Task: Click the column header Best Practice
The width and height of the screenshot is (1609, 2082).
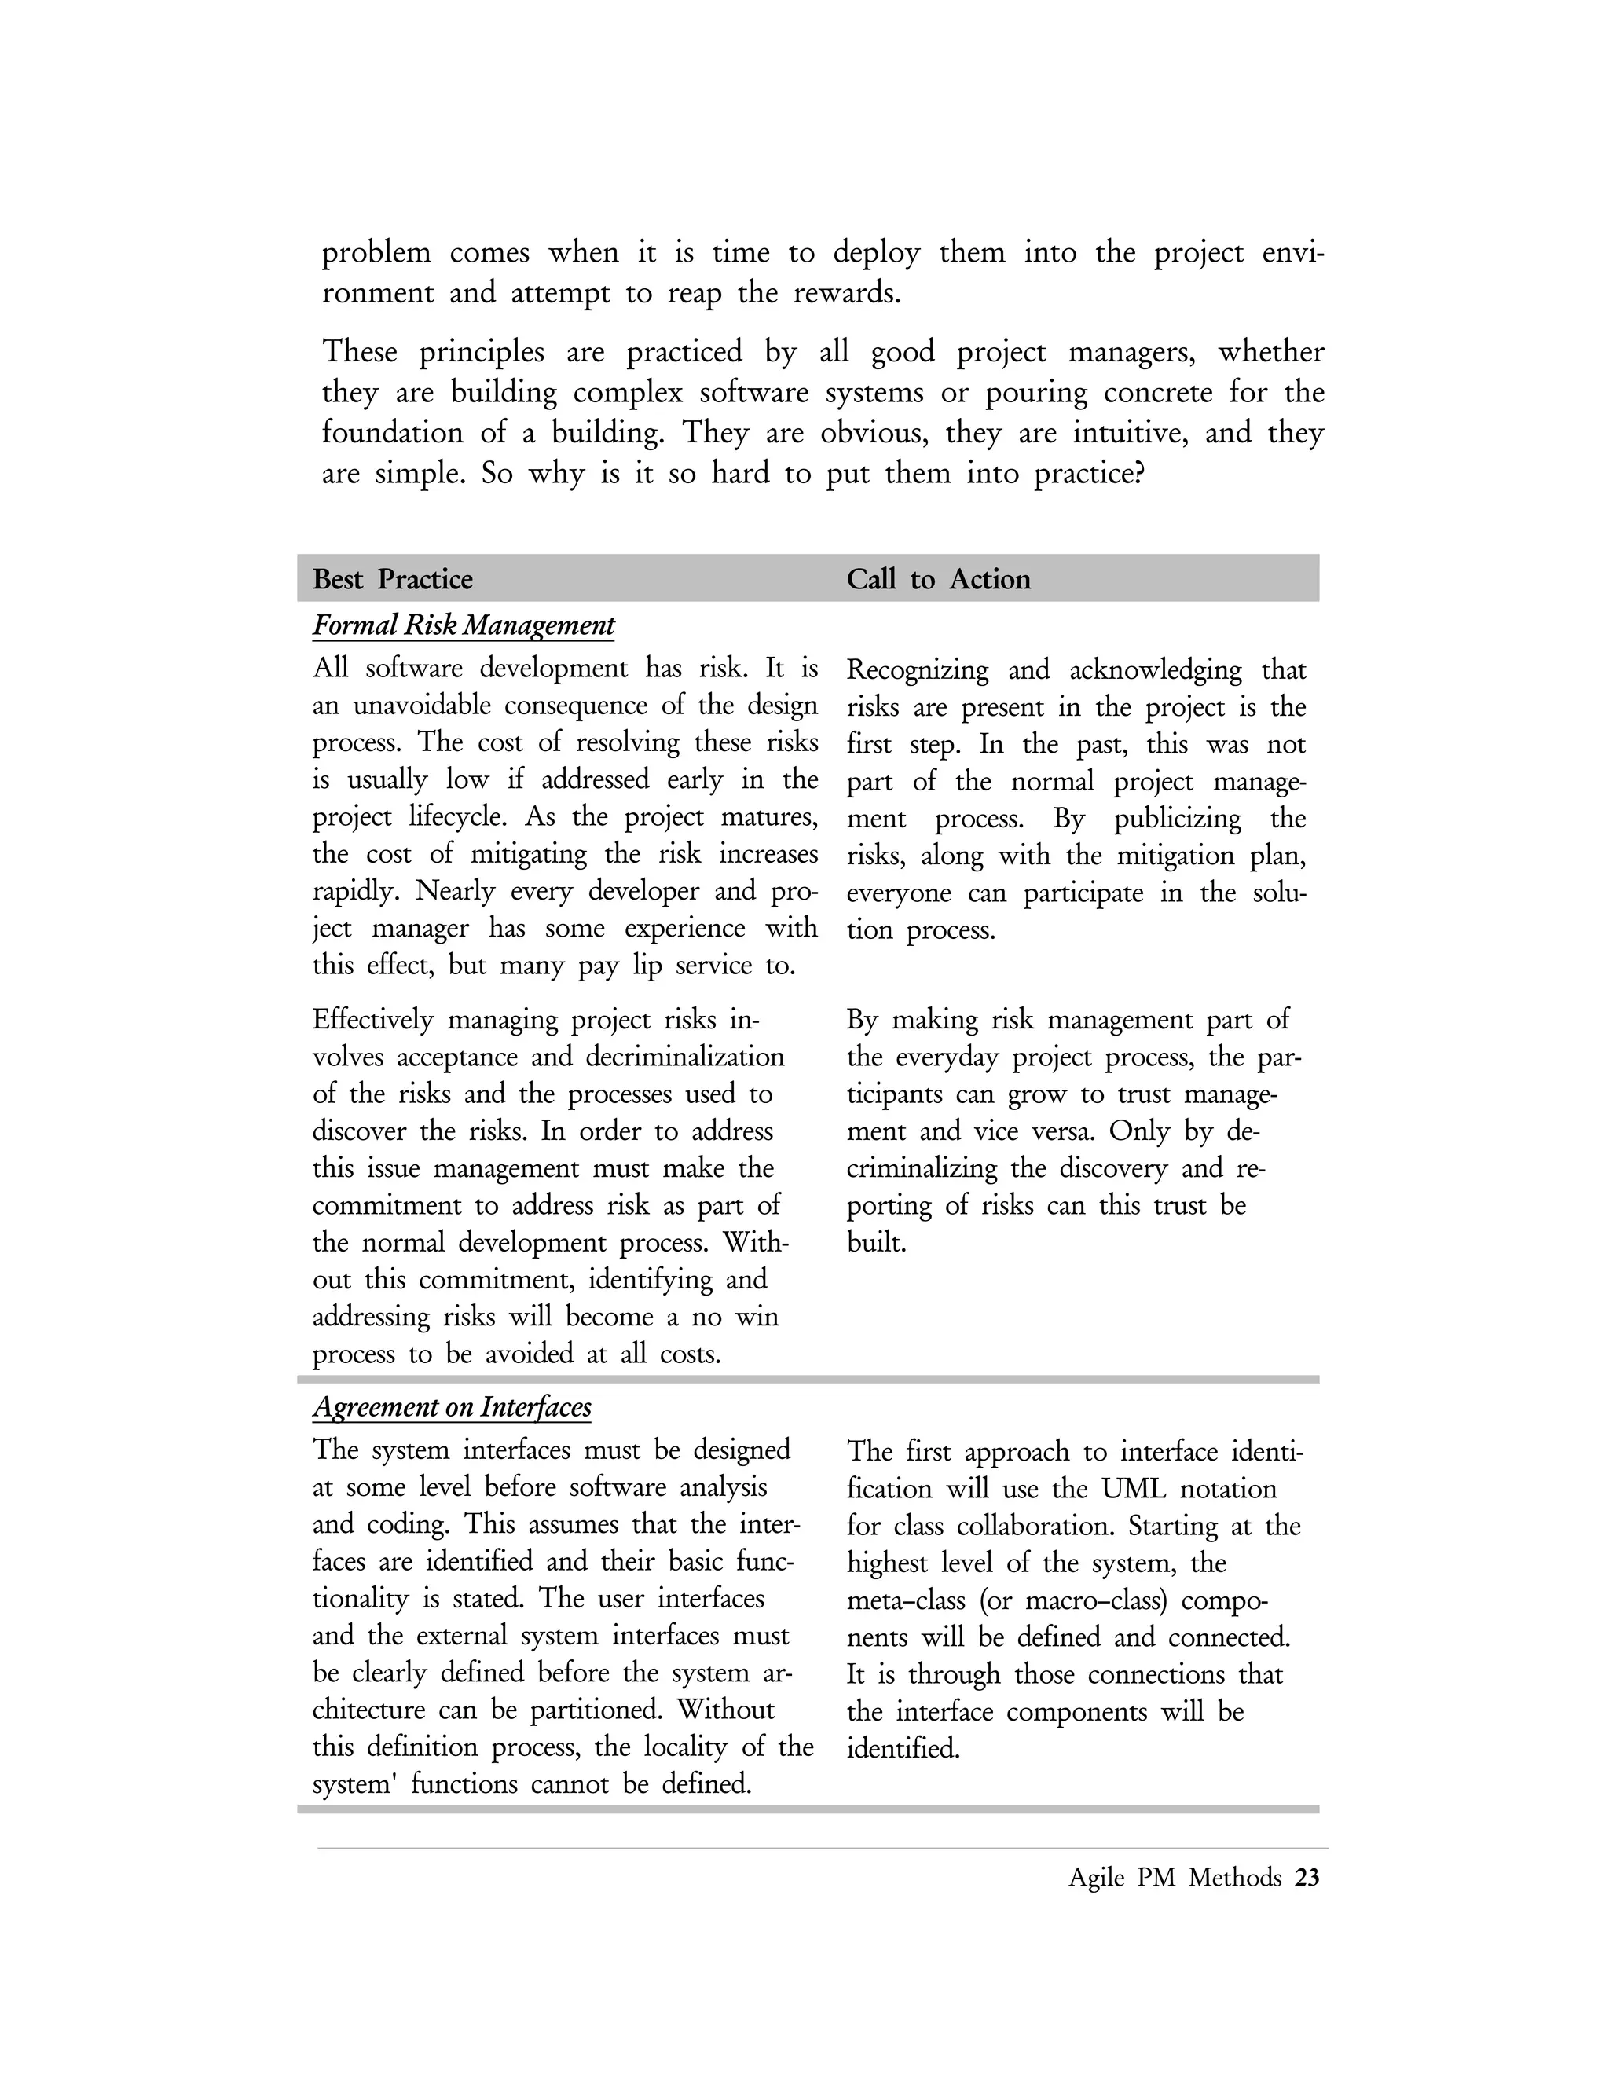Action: coord(393,580)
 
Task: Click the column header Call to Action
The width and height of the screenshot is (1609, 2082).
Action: coord(938,580)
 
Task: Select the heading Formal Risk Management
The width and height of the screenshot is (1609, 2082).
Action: coord(464,626)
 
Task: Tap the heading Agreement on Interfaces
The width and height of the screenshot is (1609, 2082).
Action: coord(452,1408)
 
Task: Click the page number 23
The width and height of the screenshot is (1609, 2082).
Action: coord(1307,1878)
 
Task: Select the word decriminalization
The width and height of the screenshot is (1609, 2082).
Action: coord(684,1057)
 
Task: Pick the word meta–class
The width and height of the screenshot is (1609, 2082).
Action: coord(907,1600)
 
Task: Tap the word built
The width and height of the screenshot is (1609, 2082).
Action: coord(875,1243)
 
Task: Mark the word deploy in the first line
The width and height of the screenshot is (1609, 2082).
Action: coord(877,253)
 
